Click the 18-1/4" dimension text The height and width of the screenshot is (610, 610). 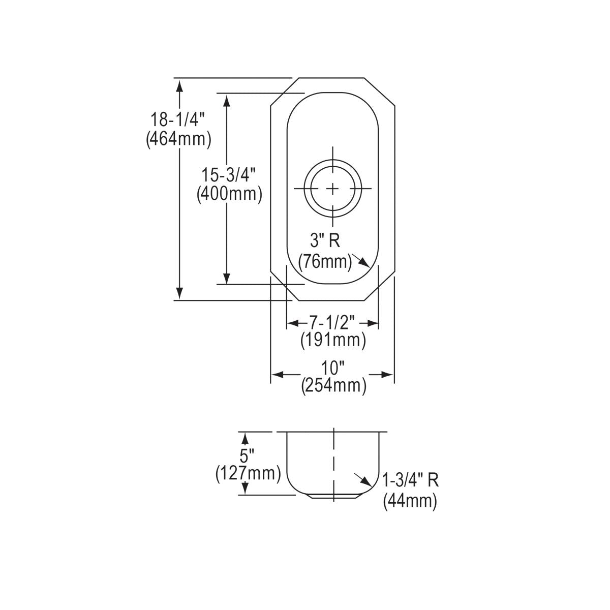(x=177, y=120)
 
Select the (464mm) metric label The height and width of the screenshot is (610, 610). (x=177, y=139)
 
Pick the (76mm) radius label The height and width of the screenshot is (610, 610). (x=325, y=262)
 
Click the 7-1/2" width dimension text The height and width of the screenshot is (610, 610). (x=333, y=322)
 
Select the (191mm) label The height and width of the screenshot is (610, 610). (x=333, y=340)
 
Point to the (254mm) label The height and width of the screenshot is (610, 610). (x=333, y=386)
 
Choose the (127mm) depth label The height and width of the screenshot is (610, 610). (x=248, y=473)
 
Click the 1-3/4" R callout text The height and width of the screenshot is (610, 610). (x=411, y=480)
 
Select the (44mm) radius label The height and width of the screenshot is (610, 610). (x=410, y=501)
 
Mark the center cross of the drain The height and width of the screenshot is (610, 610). (x=333, y=189)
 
